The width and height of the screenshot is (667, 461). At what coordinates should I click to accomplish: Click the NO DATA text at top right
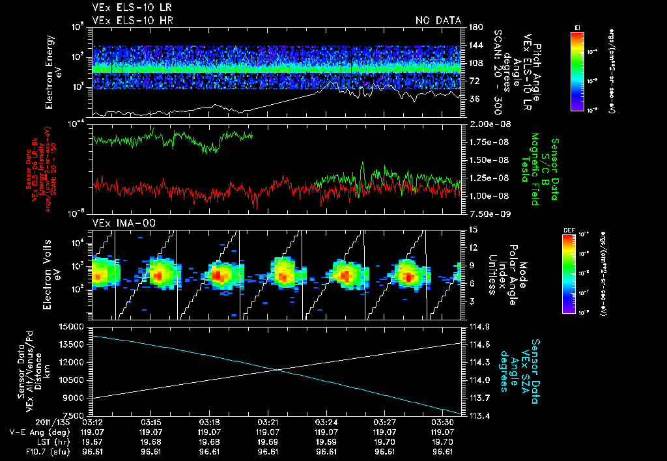[x=438, y=21]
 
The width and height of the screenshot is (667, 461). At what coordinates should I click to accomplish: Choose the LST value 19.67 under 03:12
[x=93, y=442]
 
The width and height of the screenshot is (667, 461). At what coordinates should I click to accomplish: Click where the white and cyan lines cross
[x=279, y=370]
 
